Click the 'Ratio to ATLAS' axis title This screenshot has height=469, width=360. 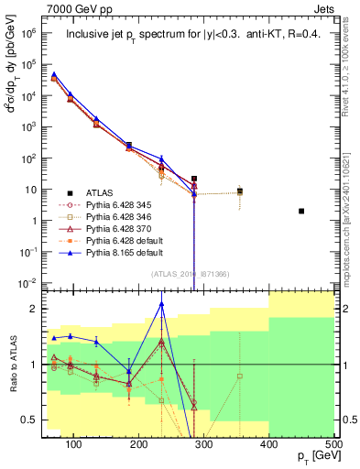click(x=13, y=364)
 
